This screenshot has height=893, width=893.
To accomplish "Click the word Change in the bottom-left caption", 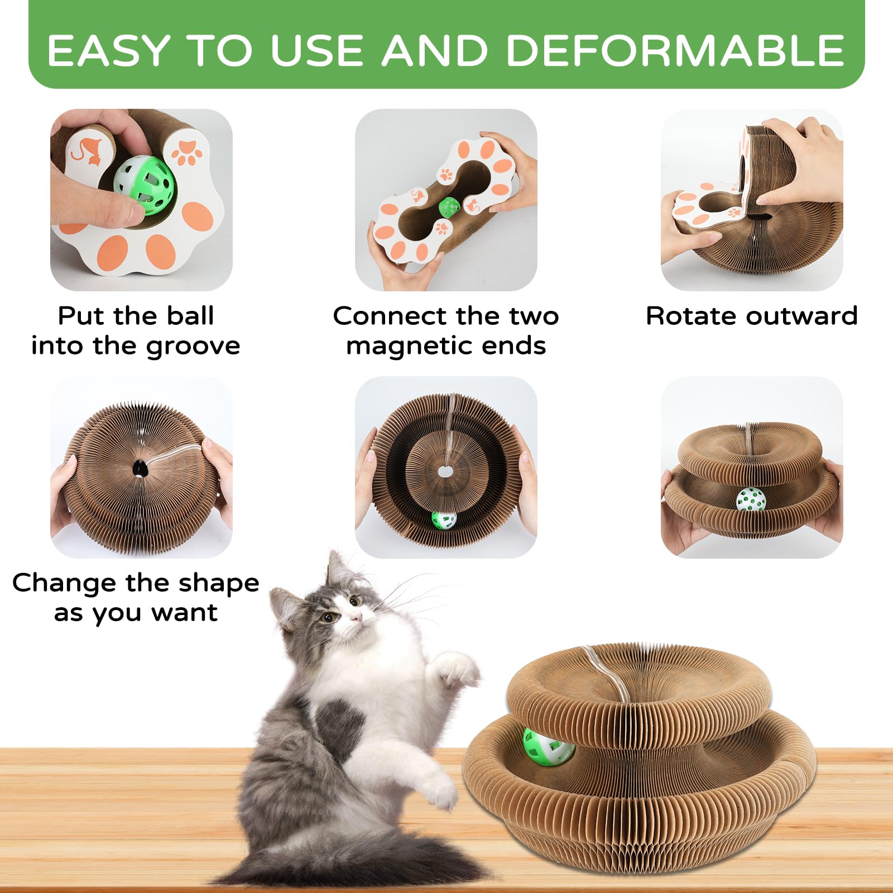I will pyautogui.click(x=64, y=583).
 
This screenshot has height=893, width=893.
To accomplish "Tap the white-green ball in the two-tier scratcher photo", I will pyautogui.click(x=751, y=500).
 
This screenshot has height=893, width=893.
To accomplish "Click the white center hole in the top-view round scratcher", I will pyautogui.click(x=445, y=472).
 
